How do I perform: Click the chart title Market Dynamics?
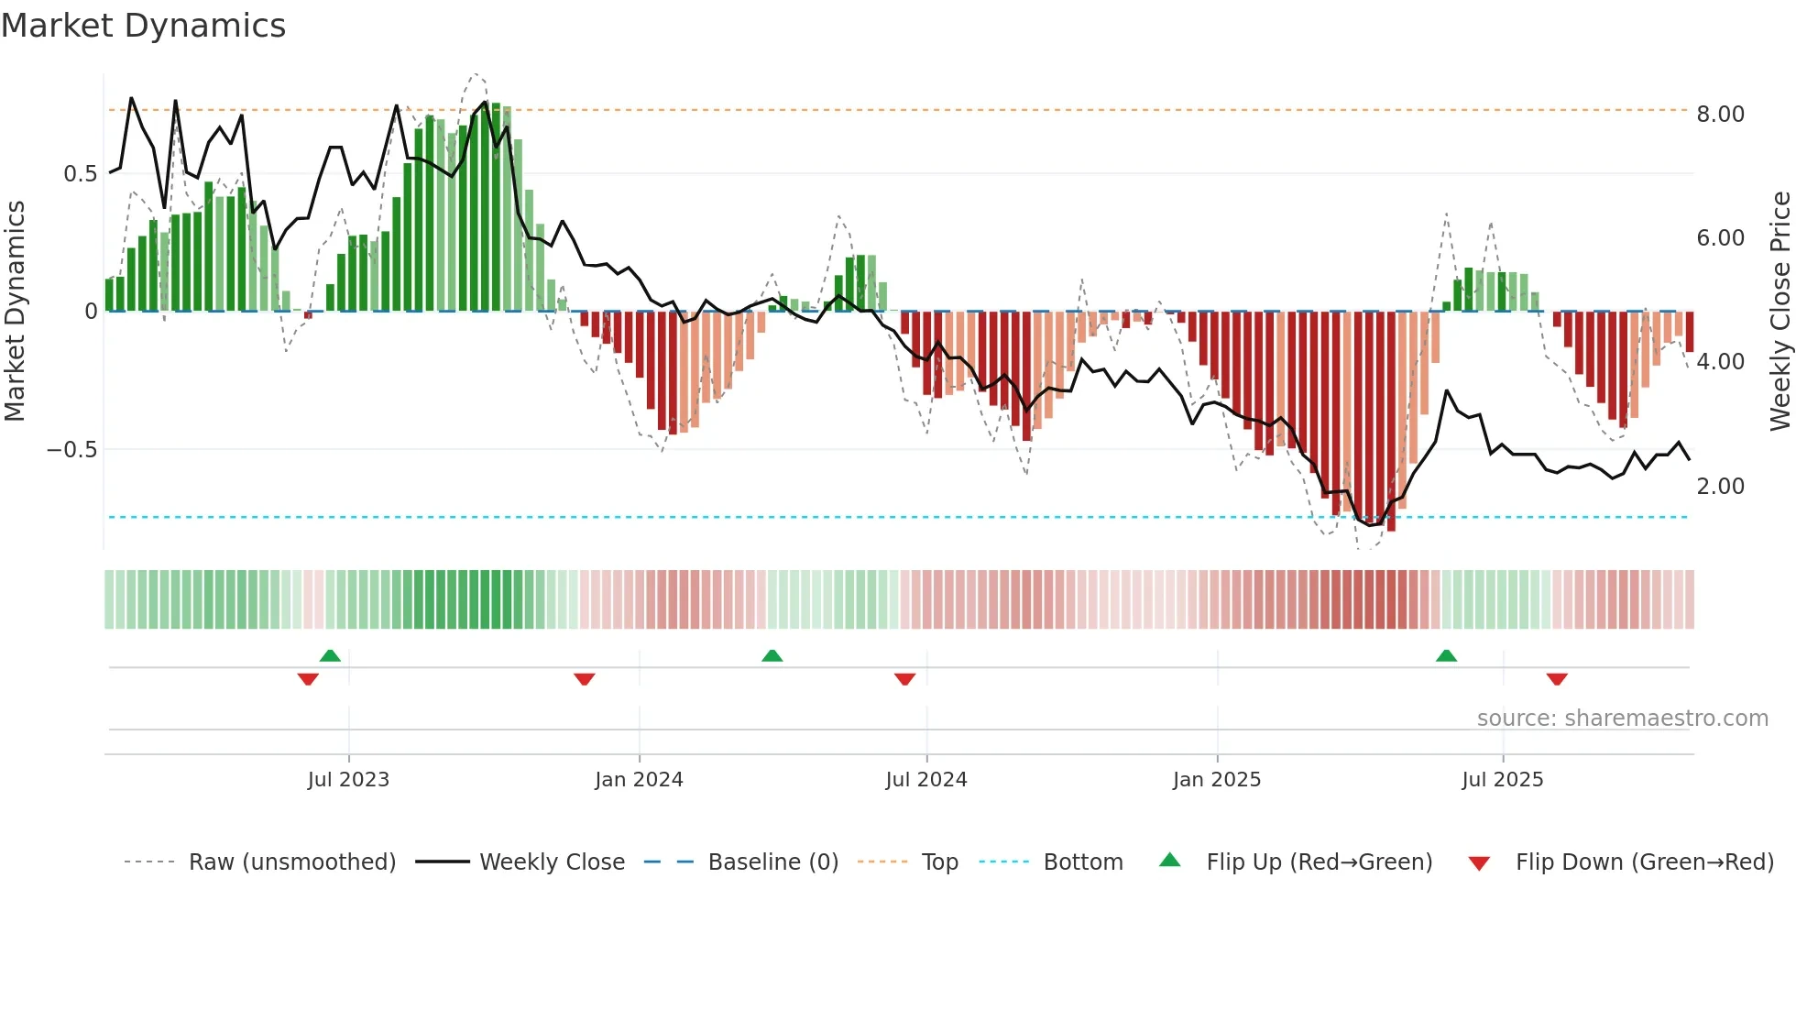(x=143, y=26)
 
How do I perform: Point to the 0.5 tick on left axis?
(x=80, y=174)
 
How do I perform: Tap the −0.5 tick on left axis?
(x=71, y=450)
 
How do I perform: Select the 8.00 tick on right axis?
(x=1720, y=115)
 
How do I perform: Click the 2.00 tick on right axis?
(x=1720, y=487)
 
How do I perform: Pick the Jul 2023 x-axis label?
(x=348, y=780)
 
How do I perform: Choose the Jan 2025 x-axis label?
(x=1216, y=780)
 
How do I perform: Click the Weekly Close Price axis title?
(x=1780, y=312)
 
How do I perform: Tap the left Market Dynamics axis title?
(x=15, y=312)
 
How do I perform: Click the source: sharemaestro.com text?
(x=1622, y=719)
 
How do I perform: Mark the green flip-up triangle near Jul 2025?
(x=1446, y=656)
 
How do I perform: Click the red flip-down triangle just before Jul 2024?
(x=904, y=679)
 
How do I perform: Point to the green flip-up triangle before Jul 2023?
(x=330, y=656)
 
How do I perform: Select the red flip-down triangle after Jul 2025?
(x=1556, y=679)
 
